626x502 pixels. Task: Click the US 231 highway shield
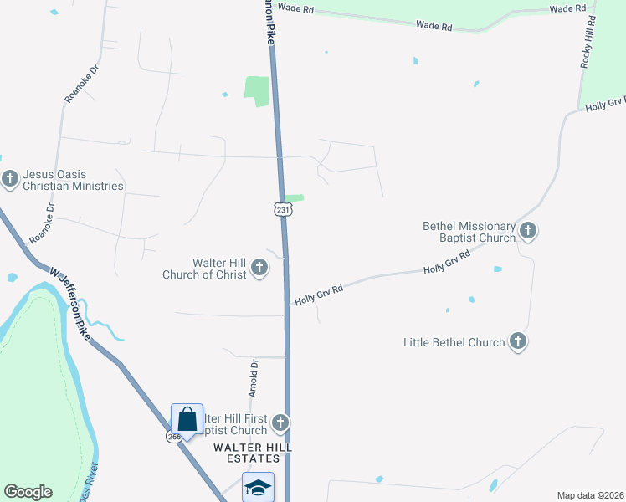pyautogui.click(x=283, y=209)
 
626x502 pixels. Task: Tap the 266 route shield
pyautogui.click(x=173, y=437)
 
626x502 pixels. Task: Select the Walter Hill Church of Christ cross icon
pyautogui.click(x=259, y=269)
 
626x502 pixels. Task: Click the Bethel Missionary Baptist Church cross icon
pyautogui.click(x=527, y=230)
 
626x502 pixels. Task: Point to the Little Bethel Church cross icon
pyautogui.click(x=518, y=341)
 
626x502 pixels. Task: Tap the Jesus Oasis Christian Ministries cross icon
pyautogui.click(x=11, y=178)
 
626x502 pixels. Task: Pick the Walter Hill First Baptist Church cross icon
pyautogui.click(x=280, y=423)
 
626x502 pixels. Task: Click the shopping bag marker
pyautogui.click(x=187, y=420)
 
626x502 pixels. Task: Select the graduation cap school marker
pyautogui.click(x=258, y=487)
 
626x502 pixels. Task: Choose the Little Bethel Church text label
pyautogui.click(x=454, y=342)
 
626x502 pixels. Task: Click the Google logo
pyautogui.click(x=28, y=492)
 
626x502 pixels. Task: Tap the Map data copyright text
pyautogui.click(x=591, y=495)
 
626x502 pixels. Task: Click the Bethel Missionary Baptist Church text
pyautogui.click(x=469, y=232)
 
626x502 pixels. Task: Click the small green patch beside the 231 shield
pyautogui.click(x=294, y=198)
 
